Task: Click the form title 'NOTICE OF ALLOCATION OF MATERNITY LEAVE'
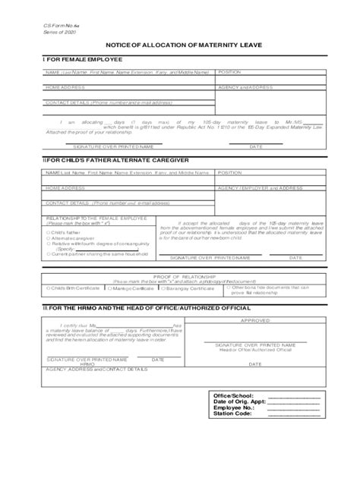point(179,47)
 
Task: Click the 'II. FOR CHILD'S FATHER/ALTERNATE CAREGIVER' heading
point(99,161)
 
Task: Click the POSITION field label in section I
point(230,71)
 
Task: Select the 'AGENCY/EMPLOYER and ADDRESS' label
point(260,187)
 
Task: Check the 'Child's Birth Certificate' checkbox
point(48,289)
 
